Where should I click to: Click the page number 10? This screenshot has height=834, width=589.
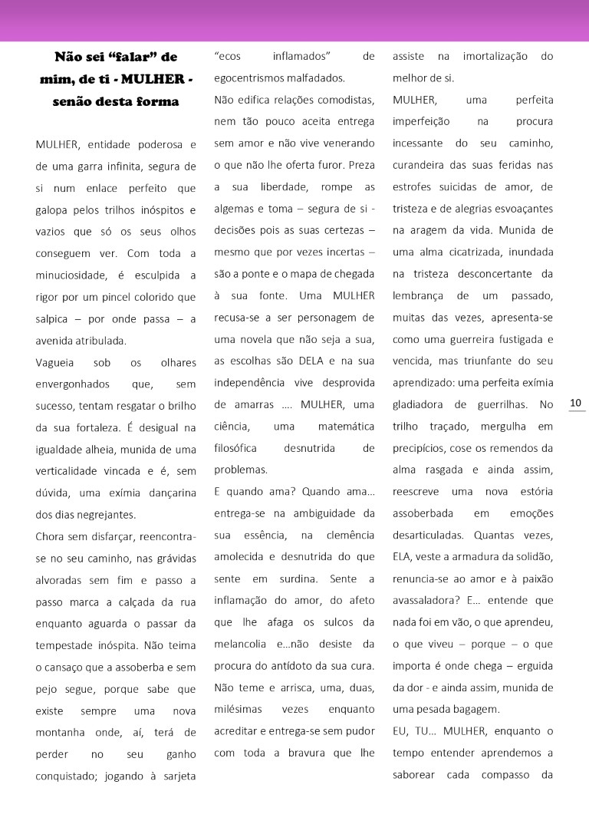pos(576,404)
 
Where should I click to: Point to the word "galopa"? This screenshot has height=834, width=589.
pos(54,209)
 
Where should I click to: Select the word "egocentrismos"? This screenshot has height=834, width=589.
pos(251,77)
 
